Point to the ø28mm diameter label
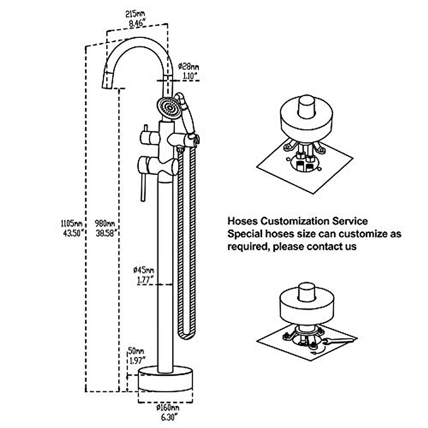coord(189,67)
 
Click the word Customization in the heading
coord(295,221)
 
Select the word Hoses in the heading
coord(243,221)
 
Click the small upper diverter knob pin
coord(146,128)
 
